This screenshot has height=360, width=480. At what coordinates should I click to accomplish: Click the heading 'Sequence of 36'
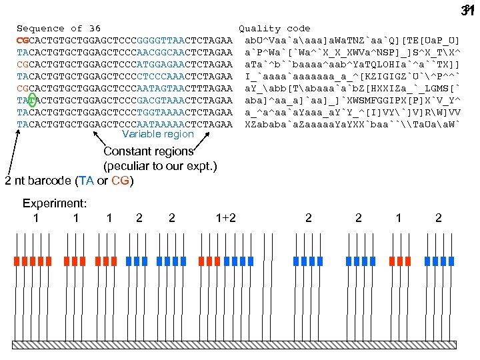59,29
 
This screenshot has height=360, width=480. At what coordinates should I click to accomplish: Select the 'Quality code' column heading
275,29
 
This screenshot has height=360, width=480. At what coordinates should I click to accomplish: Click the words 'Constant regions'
148,152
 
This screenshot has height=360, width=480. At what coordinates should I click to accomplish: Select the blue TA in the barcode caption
85,181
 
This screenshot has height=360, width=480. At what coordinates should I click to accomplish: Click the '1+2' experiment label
226,217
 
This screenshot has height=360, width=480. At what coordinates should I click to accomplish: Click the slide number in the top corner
466,10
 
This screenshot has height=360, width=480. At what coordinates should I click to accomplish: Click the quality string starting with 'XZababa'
352,125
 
